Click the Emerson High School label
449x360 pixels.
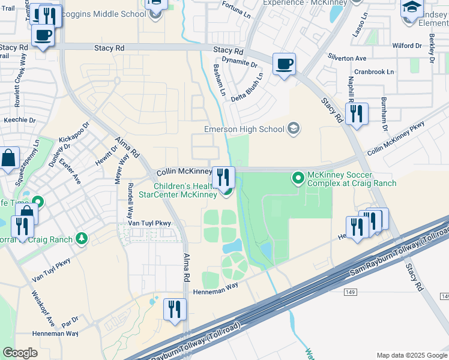[x=244, y=129]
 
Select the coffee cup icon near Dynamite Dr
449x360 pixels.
[x=284, y=63]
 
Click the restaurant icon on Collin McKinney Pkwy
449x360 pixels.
[x=223, y=176]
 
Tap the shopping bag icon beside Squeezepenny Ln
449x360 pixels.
[x=9, y=159]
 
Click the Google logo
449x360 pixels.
[x=20, y=353]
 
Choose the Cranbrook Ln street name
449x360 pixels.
[x=374, y=71]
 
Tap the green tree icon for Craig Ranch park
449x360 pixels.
[x=82, y=239]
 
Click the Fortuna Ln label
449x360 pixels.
[x=235, y=10]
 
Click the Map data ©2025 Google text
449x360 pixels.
[x=411, y=355]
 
